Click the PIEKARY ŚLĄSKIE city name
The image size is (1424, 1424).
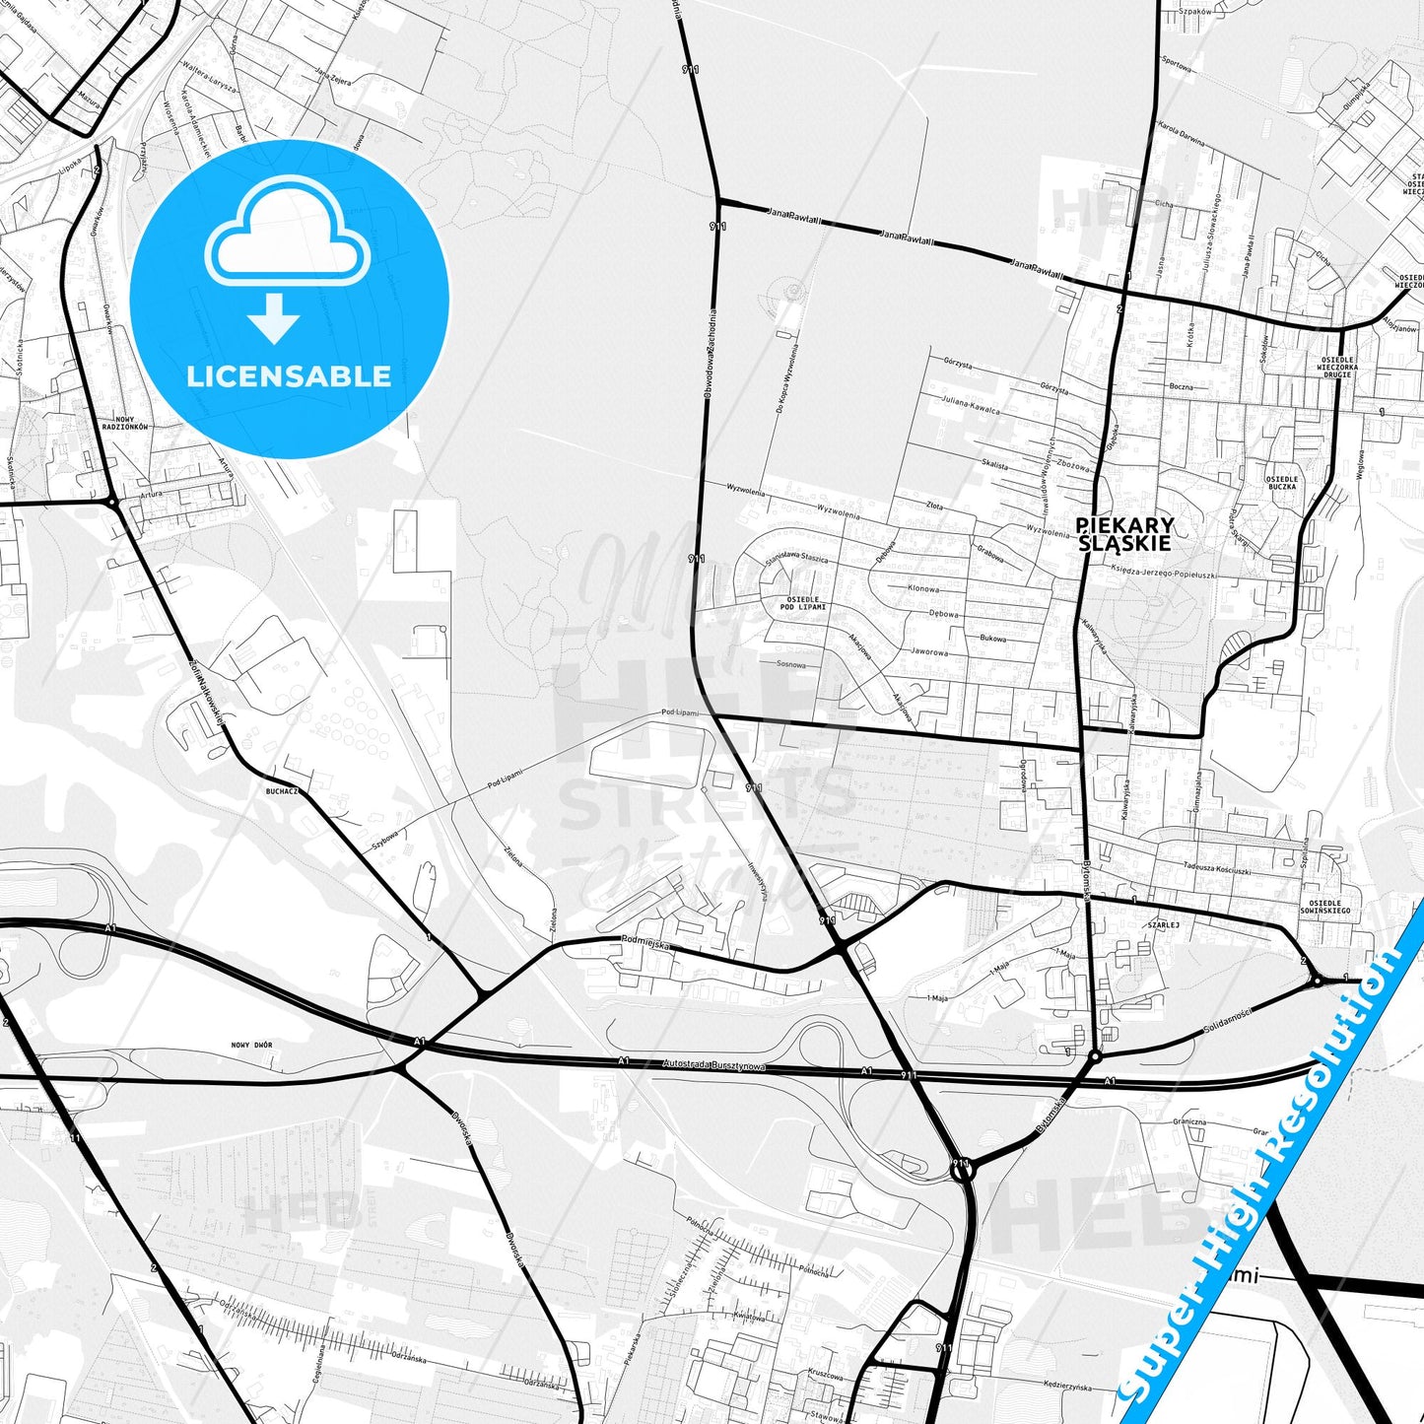click(1123, 533)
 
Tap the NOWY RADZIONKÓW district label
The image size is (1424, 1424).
click(130, 423)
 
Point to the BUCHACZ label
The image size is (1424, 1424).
click(281, 790)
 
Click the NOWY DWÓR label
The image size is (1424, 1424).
click(251, 1045)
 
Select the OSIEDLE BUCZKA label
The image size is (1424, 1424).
click(1282, 483)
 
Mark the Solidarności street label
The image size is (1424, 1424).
click(1226, 1022)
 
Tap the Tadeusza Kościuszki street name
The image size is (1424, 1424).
click(1216, 870)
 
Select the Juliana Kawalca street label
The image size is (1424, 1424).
click(970, 404)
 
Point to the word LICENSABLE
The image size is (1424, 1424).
click(289, 375)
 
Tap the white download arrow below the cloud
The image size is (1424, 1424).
click(274, 318)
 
